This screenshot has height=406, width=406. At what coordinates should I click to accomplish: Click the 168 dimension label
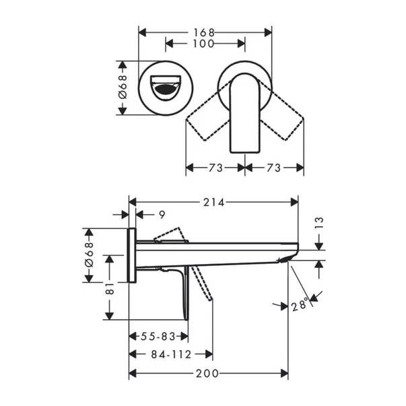click(x=205, y=32)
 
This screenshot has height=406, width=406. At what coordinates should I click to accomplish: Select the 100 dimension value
click(x=205, y=44)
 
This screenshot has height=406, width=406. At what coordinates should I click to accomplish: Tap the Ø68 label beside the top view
click(x=123, y=88)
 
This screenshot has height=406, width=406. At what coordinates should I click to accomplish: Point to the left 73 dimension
click(x=215, y=168)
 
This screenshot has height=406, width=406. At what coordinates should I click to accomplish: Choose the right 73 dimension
click(x=273, y=168)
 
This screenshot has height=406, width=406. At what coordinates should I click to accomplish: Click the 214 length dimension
click(x=213, y=202)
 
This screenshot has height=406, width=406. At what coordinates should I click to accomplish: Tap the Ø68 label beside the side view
click(x=90, y=255)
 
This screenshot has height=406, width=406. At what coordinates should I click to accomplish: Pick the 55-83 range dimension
click(x=158, y=336)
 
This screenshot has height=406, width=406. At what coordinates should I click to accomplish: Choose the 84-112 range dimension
click(x=170, y=354)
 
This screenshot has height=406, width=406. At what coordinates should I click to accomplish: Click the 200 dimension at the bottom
click(x=208, y=373)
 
